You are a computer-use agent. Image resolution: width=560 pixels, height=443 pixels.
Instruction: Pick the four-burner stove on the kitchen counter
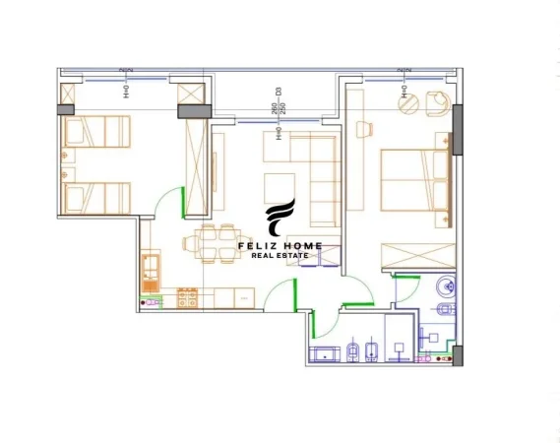coord(185,295)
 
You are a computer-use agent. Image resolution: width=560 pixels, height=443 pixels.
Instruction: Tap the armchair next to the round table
coord(436,102)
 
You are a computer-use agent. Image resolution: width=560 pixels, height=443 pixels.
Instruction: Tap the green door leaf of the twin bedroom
coord(184,202)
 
